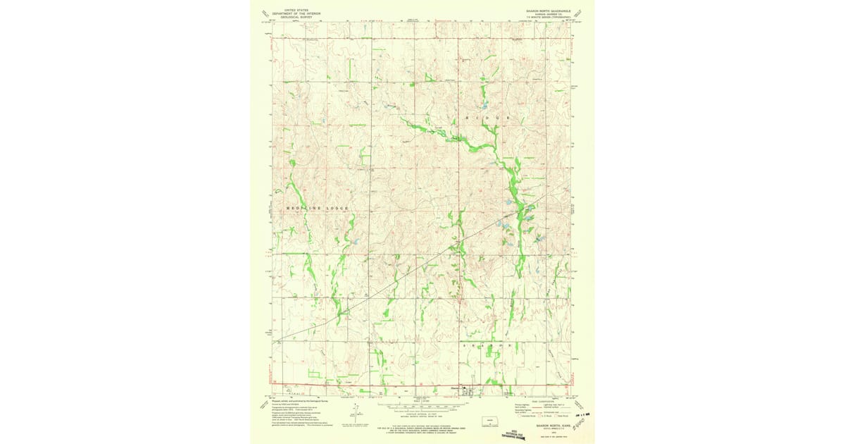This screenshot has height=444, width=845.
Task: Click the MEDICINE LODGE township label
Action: [317, 209]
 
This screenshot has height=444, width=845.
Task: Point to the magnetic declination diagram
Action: [357, 414]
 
